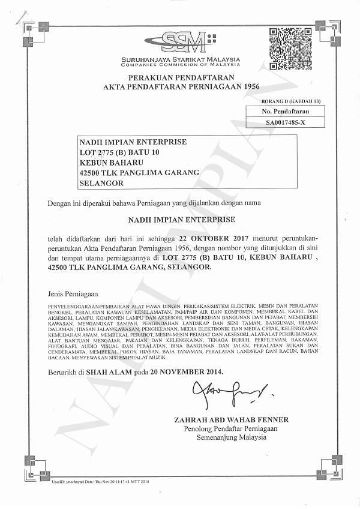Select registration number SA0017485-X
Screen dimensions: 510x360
[x=284, y=122]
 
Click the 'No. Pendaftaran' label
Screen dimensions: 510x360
[x=285, y=112]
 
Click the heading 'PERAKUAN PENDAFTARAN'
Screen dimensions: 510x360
[x=181, y=78]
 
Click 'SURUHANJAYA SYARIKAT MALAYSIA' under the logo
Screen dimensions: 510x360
[x=181, y=59]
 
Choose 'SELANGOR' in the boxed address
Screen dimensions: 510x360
[x=102, y=183]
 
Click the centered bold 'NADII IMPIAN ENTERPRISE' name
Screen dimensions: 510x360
[x=182, y=220]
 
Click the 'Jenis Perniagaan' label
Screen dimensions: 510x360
[x=72, y=294]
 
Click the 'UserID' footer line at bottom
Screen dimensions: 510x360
[x=100, y=482]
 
